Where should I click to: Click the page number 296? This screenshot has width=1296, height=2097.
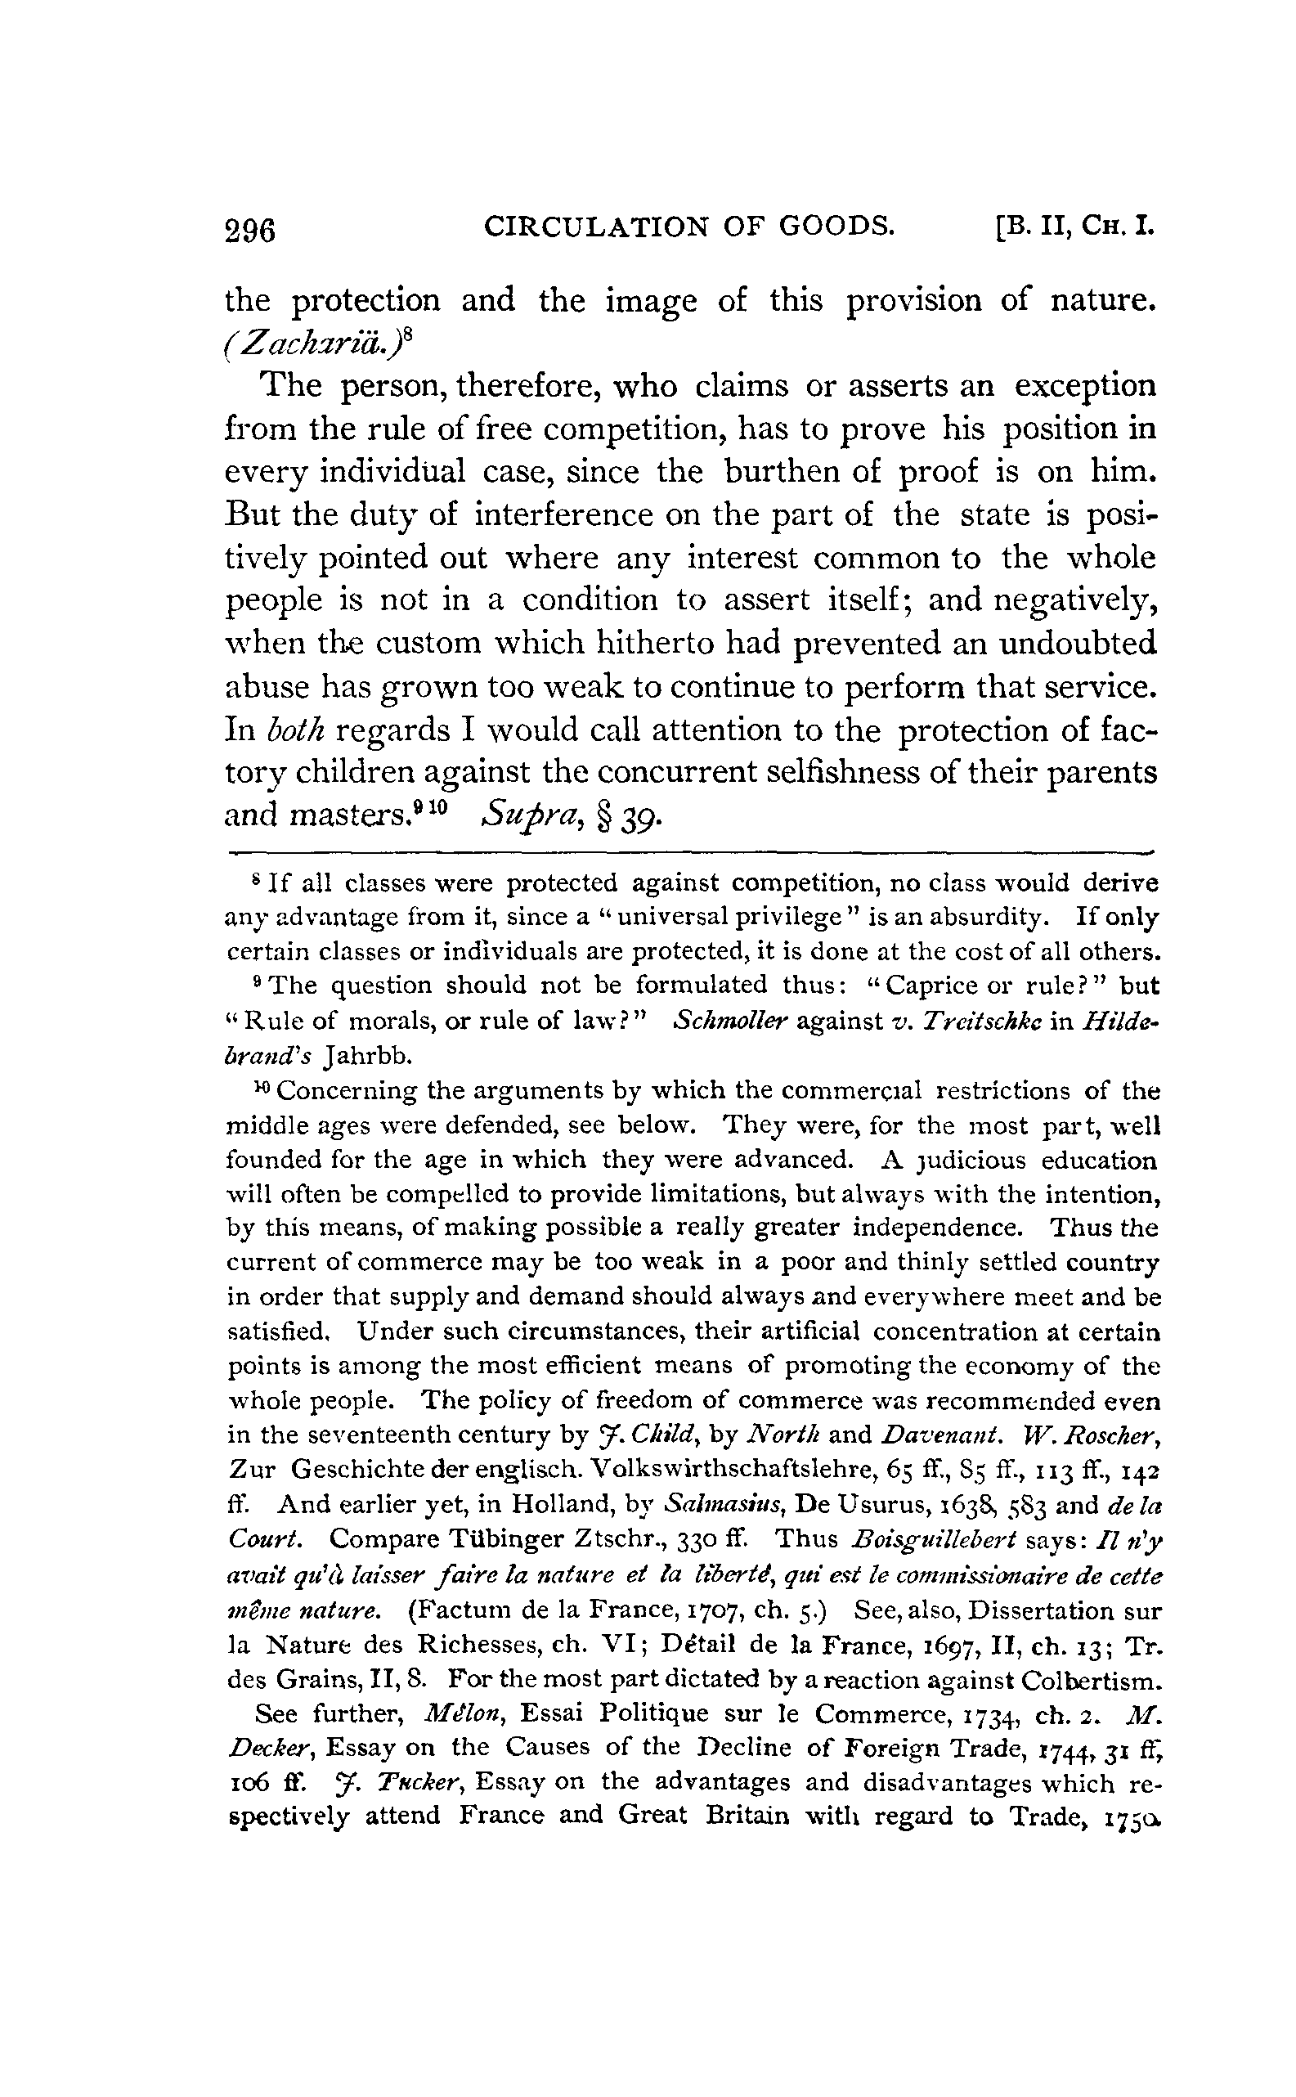point(249,231)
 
